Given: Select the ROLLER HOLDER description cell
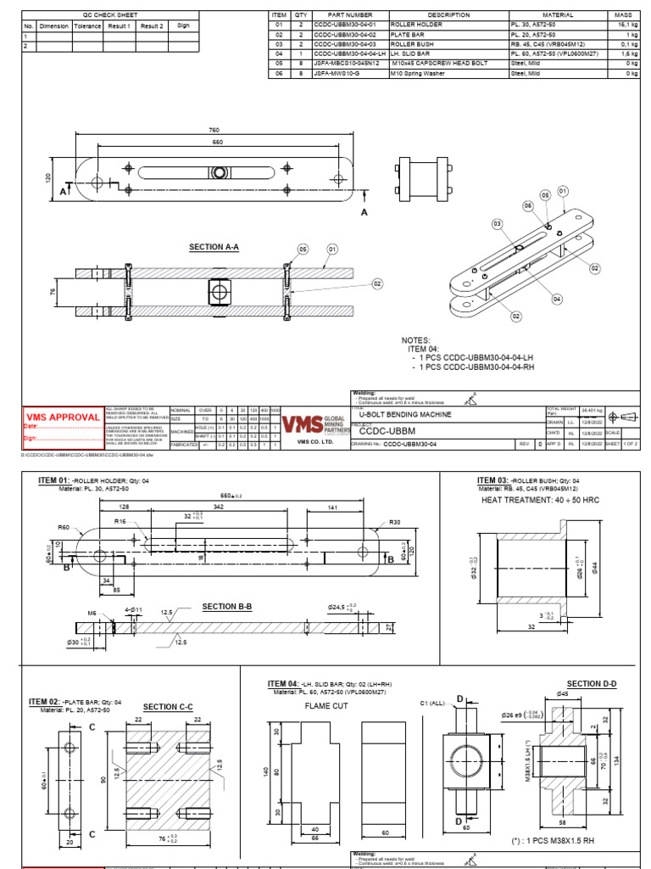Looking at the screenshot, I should click(410, 25).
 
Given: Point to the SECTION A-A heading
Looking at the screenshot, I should click(214, 247).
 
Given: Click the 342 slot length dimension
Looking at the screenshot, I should click(219, 506).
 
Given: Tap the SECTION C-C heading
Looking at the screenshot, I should click(168, 707).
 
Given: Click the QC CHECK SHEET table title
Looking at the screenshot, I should click(108, 15).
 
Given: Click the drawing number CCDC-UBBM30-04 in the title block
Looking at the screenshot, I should click(410, 443).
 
